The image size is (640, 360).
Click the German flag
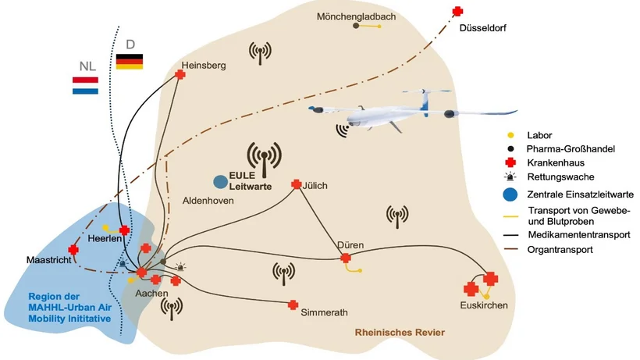(129, 62)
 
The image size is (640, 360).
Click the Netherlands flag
(85, 85)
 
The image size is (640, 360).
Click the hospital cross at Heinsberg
(180, 75)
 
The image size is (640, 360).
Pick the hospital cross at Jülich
(296, 185)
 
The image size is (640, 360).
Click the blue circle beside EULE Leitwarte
(221, 181)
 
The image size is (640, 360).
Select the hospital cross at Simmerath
(293, 305)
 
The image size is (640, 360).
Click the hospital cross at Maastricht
(73, 250)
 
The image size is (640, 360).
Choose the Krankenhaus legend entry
(552, 162)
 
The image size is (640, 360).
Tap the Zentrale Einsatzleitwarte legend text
(579, 194)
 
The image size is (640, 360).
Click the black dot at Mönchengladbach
(357, 27)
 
